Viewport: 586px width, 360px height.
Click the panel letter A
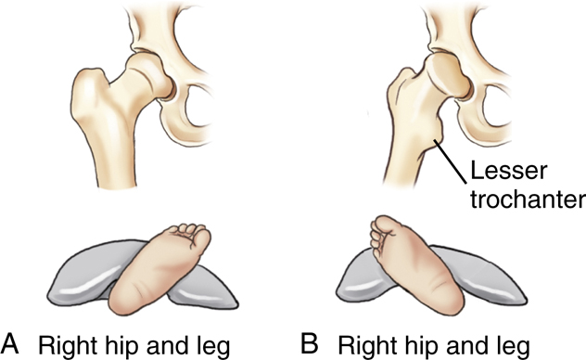tap(12, 342)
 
